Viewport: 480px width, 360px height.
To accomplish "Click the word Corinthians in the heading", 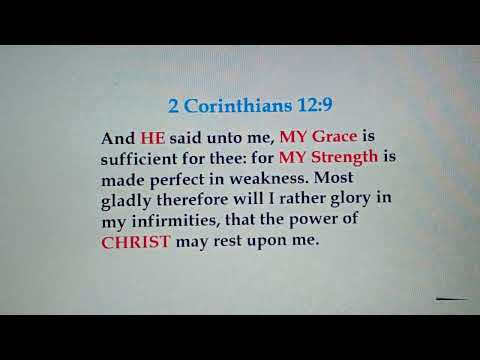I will [229, 104].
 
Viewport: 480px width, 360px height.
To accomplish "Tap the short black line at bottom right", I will [452, 298].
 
